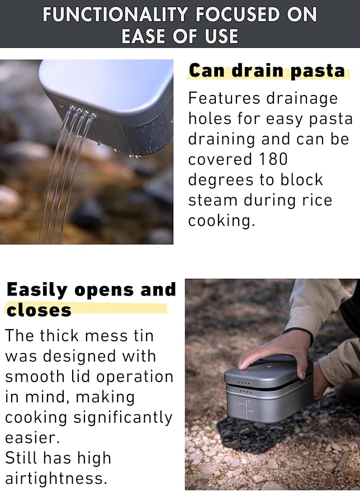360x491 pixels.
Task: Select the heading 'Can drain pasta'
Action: [267, 71]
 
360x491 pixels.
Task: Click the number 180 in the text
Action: [267, 159]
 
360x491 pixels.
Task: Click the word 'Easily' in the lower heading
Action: [37, 290]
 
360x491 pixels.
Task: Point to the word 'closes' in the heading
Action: [39, 310]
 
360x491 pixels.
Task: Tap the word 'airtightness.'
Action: [56, 478]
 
